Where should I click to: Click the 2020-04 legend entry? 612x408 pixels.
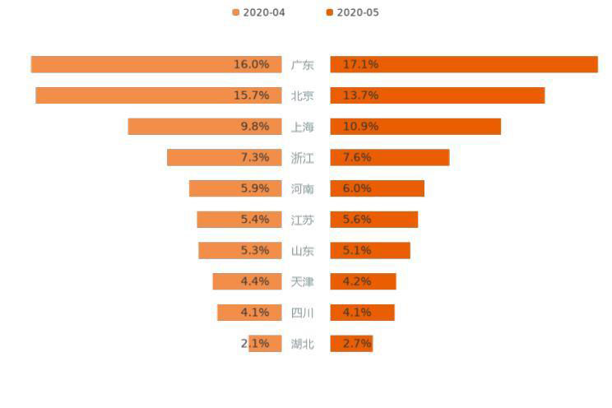pos(259,12)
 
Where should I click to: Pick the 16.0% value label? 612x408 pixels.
pos(251,64)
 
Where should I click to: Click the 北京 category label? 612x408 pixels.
pos(302,95)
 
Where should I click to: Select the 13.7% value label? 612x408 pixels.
pos(360,95)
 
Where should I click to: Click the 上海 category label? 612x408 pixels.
pos(302,127)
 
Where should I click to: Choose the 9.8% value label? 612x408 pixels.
pos(255,127)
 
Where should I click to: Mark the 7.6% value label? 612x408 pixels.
pos(357,157)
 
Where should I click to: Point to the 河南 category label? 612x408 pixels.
pos(302,188)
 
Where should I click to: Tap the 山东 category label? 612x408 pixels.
pos(302,251)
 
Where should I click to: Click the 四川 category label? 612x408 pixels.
pos(302,313)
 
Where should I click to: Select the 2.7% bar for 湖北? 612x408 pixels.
pos(351,344)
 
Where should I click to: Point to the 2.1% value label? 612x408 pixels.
pos(255,344)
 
